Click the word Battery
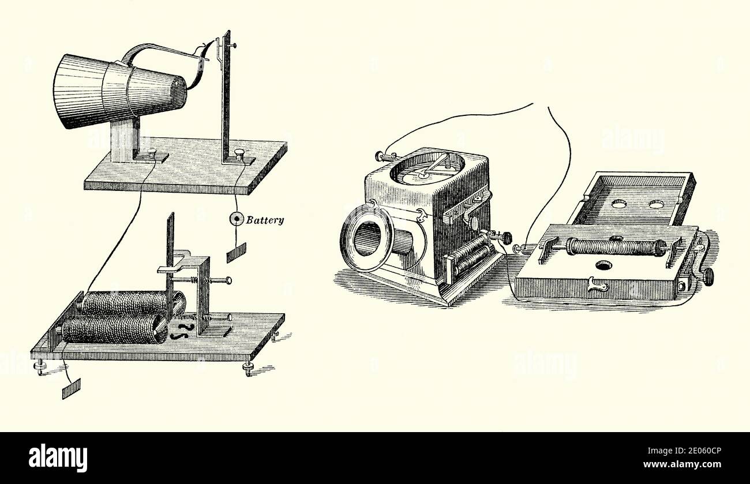pyautogui.click(x=265, y=220)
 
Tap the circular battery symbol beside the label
pyautogui.click(x=237, y=219)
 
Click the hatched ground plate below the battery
pyautogui.click(x=236, y=253)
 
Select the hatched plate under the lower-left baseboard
pyautogui.click(x=70, y=390)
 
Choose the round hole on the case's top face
pyautogui.click(x=603, y=265)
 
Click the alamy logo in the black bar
pyautogui.click(x=58, y=458)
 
